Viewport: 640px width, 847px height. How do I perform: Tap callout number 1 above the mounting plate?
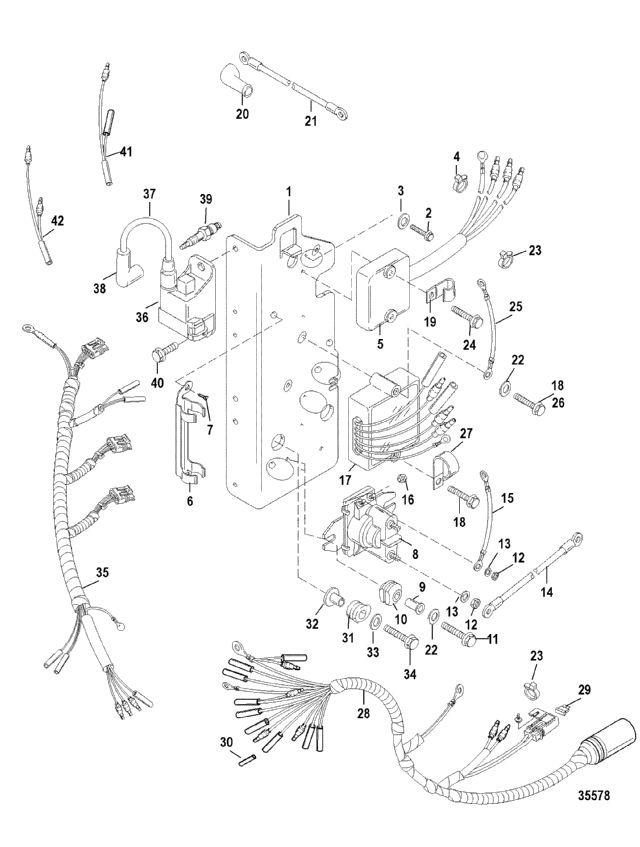287,190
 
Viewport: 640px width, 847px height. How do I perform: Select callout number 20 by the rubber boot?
240,113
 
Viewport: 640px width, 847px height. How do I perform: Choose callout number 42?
56,220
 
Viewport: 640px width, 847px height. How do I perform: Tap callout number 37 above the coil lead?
150,193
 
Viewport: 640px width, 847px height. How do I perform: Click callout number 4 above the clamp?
456,156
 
